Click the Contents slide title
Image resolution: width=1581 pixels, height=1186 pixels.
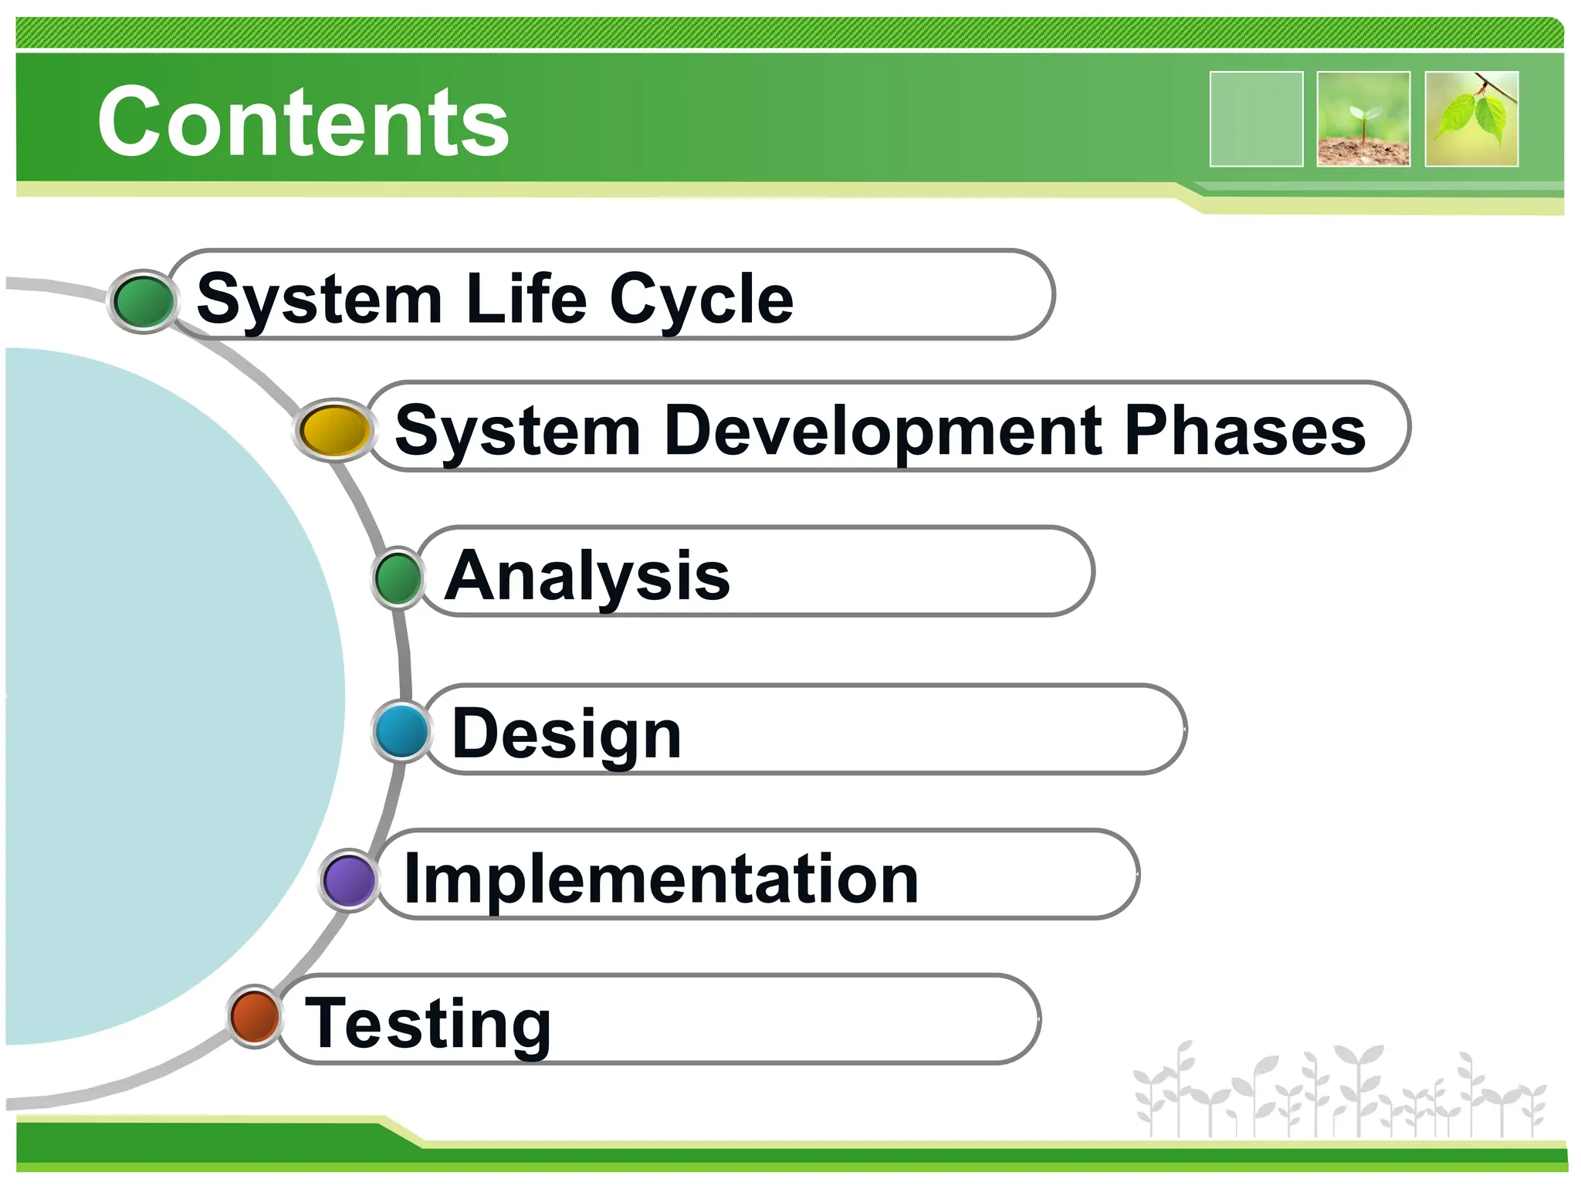click(x=303, y=121)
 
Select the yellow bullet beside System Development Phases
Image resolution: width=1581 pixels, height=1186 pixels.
click(x=333, y=429)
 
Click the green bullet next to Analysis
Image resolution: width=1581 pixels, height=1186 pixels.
click(x=398, y=577)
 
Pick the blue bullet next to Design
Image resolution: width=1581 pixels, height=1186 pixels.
click(x=401, y=730)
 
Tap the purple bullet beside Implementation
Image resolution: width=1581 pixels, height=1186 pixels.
click(x=349, y=879)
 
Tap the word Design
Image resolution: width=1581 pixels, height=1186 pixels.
click(x=567, y=735)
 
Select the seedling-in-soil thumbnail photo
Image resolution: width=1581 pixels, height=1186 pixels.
click(x=1363, y=119)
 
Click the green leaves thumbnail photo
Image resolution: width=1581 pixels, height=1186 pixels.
click(x=1471, y=119)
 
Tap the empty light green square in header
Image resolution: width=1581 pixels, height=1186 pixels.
click(x=1256, y=119)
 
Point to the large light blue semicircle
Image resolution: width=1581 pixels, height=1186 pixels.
click(x=154, y=695)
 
